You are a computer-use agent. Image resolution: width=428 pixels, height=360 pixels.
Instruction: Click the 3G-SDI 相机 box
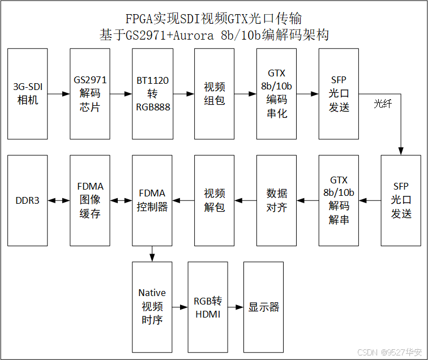coord(28,94)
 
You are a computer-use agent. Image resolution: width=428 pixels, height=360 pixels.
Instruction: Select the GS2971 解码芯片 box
coord(90,94)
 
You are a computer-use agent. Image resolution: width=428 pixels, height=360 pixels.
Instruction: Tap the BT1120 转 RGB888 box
coord(152,94)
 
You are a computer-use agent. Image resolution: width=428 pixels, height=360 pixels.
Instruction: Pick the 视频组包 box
coord(215,94)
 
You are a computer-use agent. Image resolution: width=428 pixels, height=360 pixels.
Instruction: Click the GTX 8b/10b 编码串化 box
coord(277,94)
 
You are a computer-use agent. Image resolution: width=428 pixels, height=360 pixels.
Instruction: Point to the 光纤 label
coord(382,104)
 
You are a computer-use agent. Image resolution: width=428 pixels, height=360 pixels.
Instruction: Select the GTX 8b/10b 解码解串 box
coord(339,200)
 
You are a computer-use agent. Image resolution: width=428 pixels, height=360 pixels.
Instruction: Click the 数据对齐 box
coord(277,200)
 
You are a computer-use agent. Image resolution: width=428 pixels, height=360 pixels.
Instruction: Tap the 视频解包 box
coord(215,200)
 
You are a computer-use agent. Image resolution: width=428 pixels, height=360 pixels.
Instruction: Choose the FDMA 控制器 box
coord(152,200)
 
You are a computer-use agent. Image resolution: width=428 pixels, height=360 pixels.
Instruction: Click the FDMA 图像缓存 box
coord(90,200)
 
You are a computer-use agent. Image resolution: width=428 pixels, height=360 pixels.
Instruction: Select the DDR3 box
coord(28,200)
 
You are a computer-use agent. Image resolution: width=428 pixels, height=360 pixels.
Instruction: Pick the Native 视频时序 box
coord(152,307)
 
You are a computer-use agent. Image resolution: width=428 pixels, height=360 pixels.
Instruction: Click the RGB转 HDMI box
coord(207,307)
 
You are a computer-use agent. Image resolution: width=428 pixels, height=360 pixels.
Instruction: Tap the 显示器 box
coord(263,307)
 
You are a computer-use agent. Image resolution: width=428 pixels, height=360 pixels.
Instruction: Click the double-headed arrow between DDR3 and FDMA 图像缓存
coord(59,200)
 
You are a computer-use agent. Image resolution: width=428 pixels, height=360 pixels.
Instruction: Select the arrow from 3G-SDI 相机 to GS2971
coord(59,94)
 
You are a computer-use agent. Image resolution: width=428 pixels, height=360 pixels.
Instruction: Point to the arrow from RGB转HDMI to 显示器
coord(235,307)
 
